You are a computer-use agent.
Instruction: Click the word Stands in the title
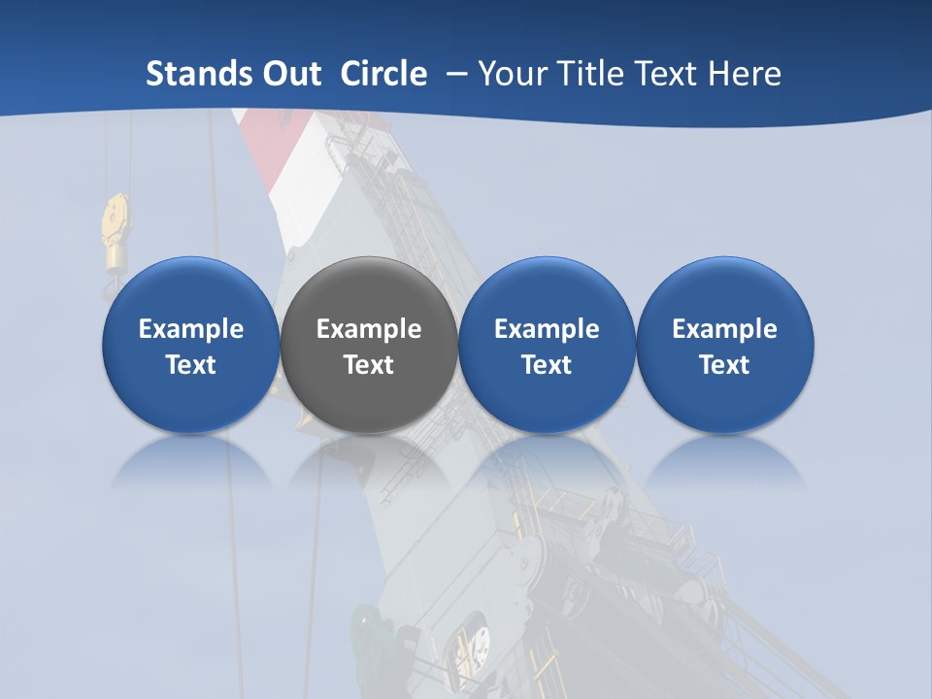[195, 74]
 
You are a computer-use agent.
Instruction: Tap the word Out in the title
[288, 74]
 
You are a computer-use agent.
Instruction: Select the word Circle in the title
[383, 74]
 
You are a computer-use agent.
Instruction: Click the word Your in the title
[510, 74]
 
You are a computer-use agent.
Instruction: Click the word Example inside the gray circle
[369, 329]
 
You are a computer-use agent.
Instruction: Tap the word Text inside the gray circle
[369, 365]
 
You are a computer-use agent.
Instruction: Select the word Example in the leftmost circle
[191, 329]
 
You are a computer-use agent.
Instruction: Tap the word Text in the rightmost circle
[725, 365]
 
